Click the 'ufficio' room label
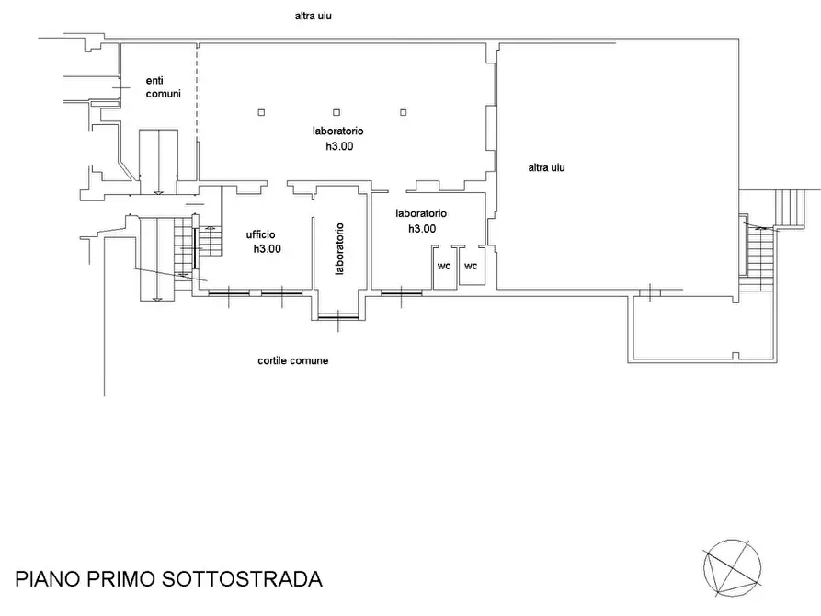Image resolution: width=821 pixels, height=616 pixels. pos(260,234)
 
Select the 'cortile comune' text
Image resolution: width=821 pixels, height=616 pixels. pos(292,360)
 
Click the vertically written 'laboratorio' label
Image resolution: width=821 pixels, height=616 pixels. pos(339,249)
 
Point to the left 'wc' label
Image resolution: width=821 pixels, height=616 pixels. pos(443,267)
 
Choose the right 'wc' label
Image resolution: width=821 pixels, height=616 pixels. pos(471,267)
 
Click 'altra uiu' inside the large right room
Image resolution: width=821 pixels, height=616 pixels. pos(547,167)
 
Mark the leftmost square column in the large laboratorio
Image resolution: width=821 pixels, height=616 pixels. pos(262,112)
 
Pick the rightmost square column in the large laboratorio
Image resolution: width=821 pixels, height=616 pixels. pos(403,112)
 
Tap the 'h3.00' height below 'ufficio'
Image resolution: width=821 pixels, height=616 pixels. pos(267,249)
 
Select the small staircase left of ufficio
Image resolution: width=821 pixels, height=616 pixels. pos(211,242)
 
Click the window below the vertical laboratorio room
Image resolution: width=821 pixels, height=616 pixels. pos(338,318)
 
